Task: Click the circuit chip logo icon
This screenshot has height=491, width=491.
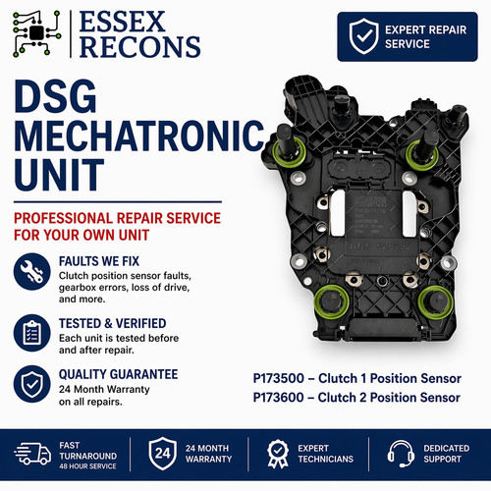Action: click(x=36, y=32)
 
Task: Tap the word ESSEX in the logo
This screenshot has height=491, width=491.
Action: click(x=122, y=22)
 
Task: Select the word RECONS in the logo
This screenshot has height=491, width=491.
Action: click(x=139, y=47)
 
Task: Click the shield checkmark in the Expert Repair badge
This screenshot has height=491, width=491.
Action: click(x=363, y=36)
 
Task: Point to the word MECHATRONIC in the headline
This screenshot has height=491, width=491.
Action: click(x=139, y=136)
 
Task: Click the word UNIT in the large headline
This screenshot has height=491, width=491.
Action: click(x=59, y=175)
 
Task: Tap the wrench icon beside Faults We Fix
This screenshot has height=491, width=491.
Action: click(x=32, y=271)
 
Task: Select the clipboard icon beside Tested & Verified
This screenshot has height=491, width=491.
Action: click(x=32, y=333)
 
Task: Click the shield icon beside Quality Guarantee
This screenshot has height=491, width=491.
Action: click(x=32, y=384)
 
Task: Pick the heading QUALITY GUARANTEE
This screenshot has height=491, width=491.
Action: click(x=119, y=374)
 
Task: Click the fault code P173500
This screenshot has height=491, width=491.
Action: click(x=279, y=378)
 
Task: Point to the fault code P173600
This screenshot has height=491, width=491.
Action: click(x=279, y=398)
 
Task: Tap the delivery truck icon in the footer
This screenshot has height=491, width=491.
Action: click(x=32, y=453)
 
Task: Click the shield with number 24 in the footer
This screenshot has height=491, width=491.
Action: click(x=163, y=454)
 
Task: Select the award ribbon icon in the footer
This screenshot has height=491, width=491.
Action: click(x=278, y=454)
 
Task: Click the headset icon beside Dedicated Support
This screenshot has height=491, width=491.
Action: click(x=401, y=454)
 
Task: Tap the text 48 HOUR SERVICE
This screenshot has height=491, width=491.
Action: click(x=87, y=466)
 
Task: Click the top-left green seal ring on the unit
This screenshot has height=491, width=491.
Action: click(x=290, y=153)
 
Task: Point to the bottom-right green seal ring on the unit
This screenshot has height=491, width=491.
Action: click(x=436, y=302)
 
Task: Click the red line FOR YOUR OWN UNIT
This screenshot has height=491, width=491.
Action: click(x=82, y=235)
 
